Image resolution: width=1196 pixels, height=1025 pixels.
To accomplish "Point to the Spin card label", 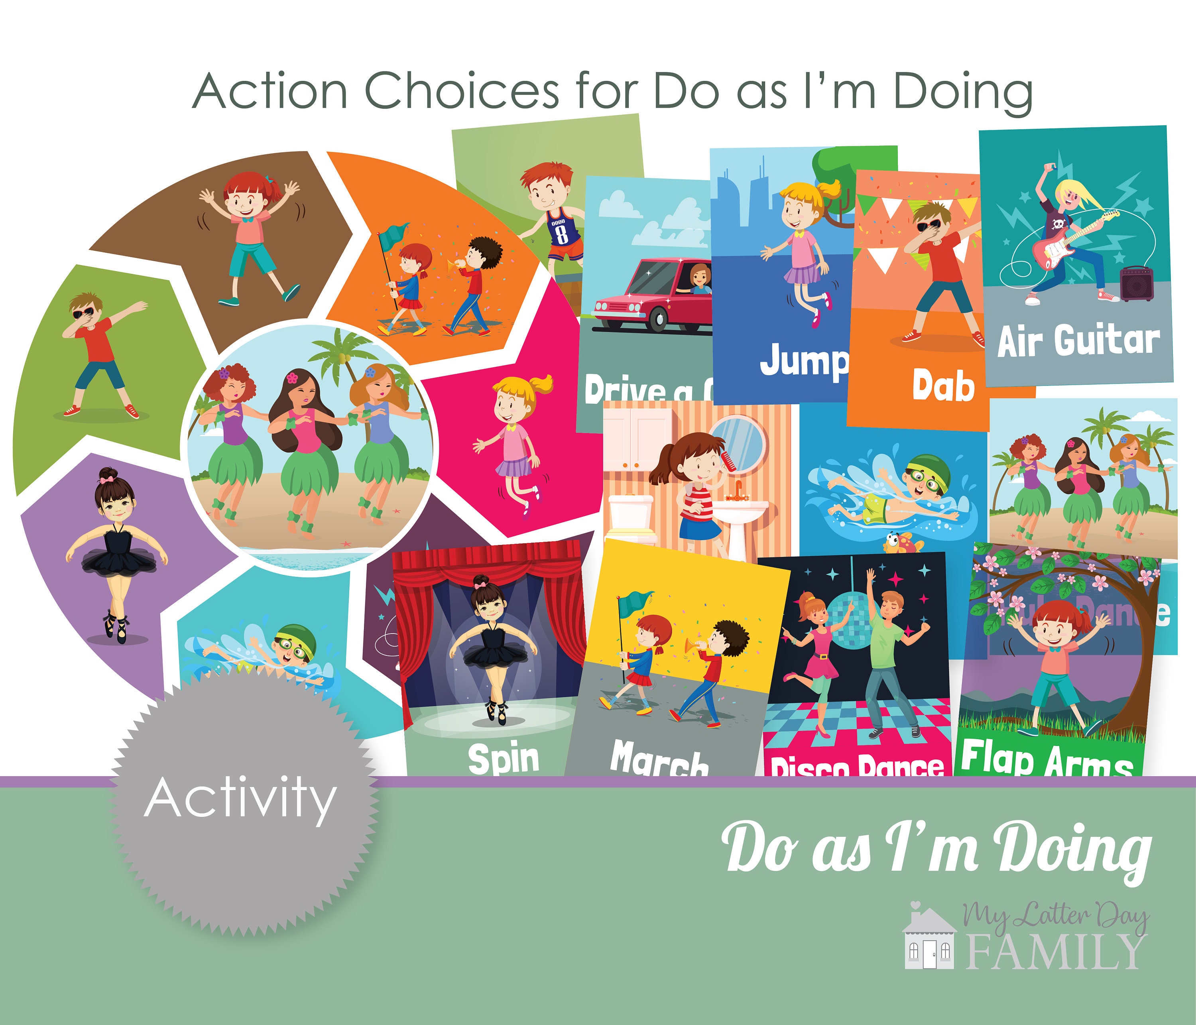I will [504, 758].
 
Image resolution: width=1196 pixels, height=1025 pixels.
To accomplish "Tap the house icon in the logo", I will [929, 939].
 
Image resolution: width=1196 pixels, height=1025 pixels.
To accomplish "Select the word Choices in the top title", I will [462, 91].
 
